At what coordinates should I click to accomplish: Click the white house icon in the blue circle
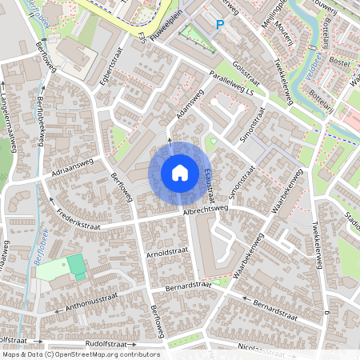pos(180,173)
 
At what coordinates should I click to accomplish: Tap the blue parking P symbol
pos(220,25)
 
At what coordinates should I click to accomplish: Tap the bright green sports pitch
pos(75,264)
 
